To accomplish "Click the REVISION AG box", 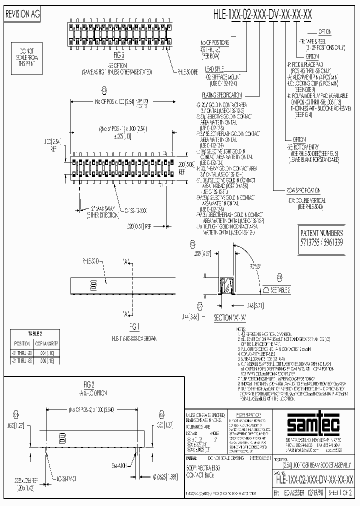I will click(x=22, y=15).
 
